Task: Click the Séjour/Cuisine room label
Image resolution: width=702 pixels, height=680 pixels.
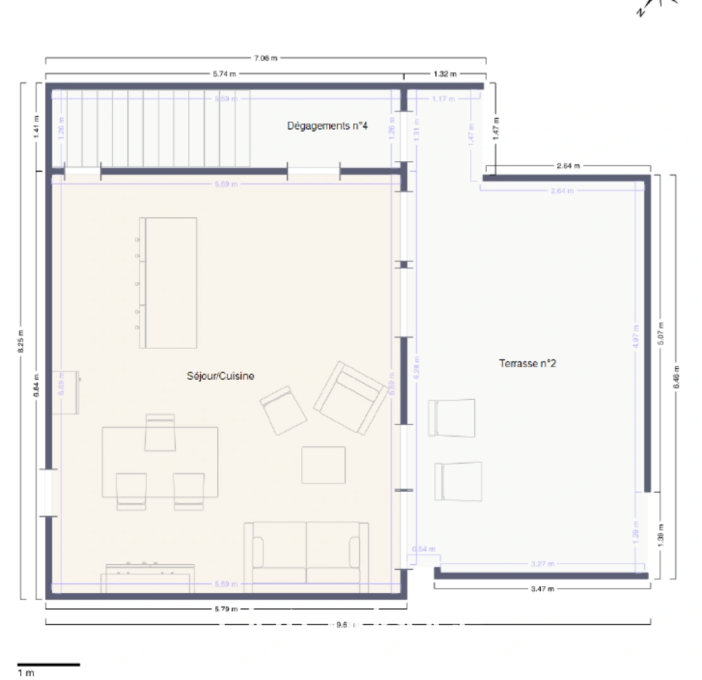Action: [220, 376]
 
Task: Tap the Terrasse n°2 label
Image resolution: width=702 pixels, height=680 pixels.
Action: [527, 363]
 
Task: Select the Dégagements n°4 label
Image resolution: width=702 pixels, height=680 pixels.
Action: [327, 126]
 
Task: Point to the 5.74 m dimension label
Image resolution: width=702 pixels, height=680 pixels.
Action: [224, 74]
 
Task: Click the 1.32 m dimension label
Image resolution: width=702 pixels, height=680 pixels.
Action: [444, 74]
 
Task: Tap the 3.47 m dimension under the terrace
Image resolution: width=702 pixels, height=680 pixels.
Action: [542, 589]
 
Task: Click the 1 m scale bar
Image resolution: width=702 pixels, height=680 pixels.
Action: [48, 664]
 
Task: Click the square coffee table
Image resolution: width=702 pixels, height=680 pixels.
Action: [323, 465]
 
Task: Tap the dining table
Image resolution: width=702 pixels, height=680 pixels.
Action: [160, 462]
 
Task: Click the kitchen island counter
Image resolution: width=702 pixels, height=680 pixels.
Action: [168, 282]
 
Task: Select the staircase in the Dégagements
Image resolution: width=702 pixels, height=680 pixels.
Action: [151, 128]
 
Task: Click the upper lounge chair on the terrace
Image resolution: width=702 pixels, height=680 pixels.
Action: [451, 417]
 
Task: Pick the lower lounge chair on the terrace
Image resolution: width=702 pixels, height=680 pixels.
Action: [458, 481]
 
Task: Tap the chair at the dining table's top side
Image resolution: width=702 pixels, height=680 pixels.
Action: [160, 433]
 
